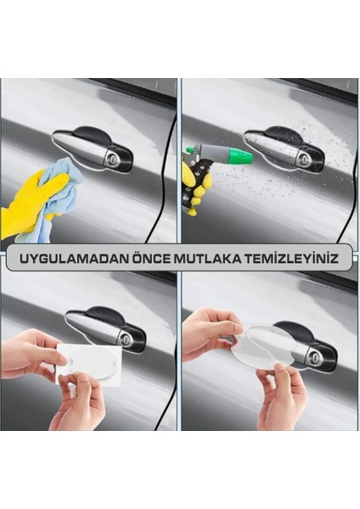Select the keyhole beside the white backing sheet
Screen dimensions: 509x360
[126, 338]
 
